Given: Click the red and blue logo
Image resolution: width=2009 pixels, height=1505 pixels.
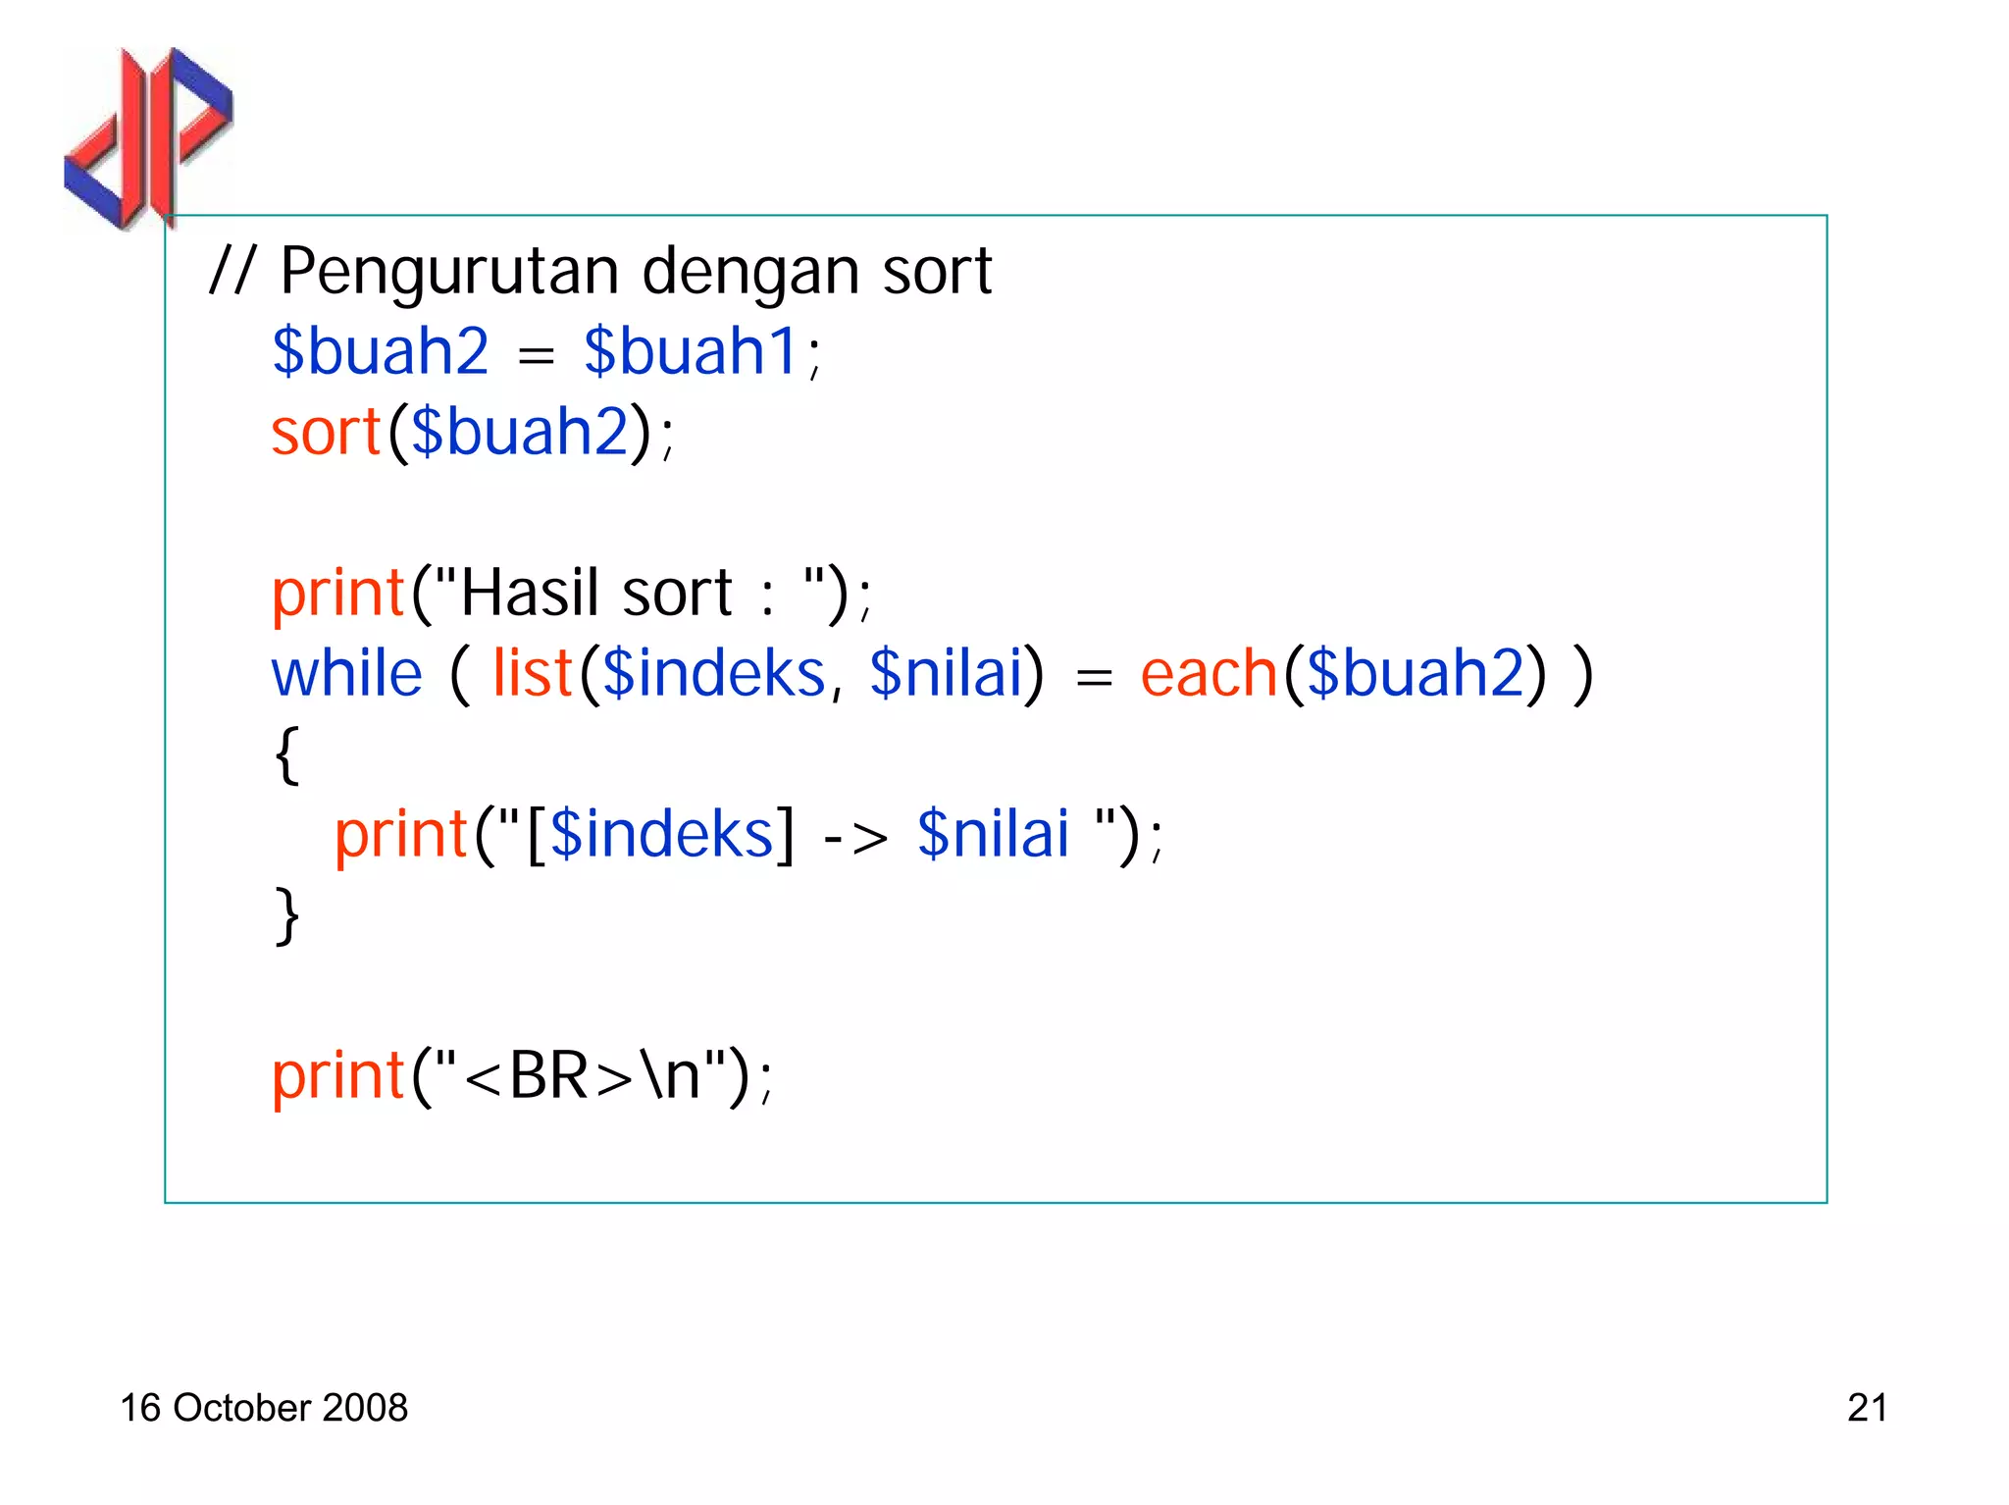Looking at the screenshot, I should point(147,137).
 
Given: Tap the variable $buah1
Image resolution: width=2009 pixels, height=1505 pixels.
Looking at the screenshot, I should point(693,351).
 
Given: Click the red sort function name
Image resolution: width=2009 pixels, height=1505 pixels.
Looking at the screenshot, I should point(326,432).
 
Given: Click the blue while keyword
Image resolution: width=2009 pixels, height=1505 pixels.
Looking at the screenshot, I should point(347,674).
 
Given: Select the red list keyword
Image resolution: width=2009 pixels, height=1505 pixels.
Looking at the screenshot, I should point(532,674).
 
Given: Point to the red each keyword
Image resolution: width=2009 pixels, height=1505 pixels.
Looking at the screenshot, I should point(1208,674).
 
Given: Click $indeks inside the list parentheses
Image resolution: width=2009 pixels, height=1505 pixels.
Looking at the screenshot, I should point(714,674).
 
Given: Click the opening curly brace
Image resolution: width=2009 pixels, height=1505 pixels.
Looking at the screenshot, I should point(286,754).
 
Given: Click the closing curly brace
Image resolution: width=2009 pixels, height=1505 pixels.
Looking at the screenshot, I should point(286,915).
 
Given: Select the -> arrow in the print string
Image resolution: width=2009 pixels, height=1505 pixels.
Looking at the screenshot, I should point(855,836).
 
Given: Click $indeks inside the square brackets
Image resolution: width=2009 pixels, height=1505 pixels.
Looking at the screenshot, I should point(662,835).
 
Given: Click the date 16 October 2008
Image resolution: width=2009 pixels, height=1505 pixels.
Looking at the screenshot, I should point(264,1408).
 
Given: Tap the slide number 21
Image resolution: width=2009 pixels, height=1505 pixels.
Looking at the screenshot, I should point(1867,1408).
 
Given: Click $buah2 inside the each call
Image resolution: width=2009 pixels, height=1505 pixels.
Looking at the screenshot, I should point(1416,674).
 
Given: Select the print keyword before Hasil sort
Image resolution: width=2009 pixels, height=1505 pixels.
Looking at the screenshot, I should point(338,594).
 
